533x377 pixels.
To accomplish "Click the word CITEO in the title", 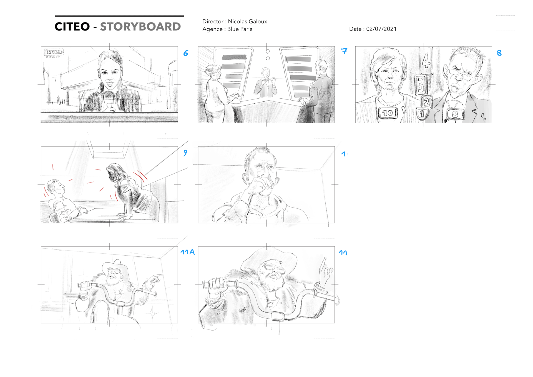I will [x=72, y=27].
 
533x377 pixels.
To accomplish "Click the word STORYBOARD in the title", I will [x=140, y=27].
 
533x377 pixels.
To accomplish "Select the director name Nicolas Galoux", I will [x=247, y=21].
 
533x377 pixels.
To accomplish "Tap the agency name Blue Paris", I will [x=240, y=29].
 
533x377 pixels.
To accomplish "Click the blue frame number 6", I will [x=186, y=53].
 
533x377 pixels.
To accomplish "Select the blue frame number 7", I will [x=344, y=51].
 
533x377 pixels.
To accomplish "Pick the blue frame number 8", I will [x=499, y=53].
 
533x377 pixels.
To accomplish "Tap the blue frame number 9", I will [x=185, y=153].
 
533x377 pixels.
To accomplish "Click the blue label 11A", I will [x=187, y=252].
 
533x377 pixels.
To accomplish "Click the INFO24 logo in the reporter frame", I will [x=54, y=52].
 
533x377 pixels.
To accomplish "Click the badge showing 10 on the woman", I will [x=388, y=113].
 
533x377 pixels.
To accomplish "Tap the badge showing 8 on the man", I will [x=455, y=114].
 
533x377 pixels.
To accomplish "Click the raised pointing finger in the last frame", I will [x=324, y=263].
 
